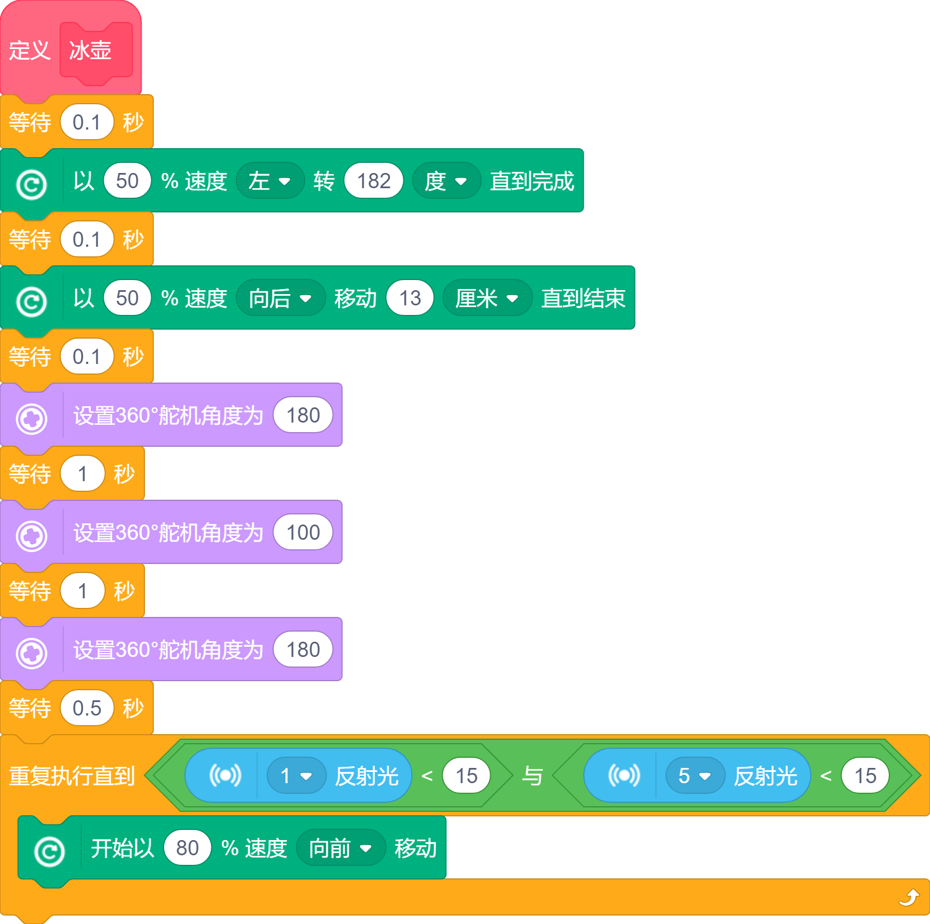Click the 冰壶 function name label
90,51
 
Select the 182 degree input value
374,181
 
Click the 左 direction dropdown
270,181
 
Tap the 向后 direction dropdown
280,298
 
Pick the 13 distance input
410,298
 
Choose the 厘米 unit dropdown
487,298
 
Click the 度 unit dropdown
446,181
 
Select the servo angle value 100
303,532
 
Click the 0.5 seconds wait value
87,708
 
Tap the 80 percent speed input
187,848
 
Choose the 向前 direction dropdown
340,848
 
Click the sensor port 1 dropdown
296,776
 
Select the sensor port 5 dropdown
695,776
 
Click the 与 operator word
532,776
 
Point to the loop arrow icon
909,897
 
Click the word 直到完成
532,181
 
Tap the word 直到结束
583,298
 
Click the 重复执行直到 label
72,776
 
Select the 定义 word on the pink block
29,51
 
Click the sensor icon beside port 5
624,776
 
